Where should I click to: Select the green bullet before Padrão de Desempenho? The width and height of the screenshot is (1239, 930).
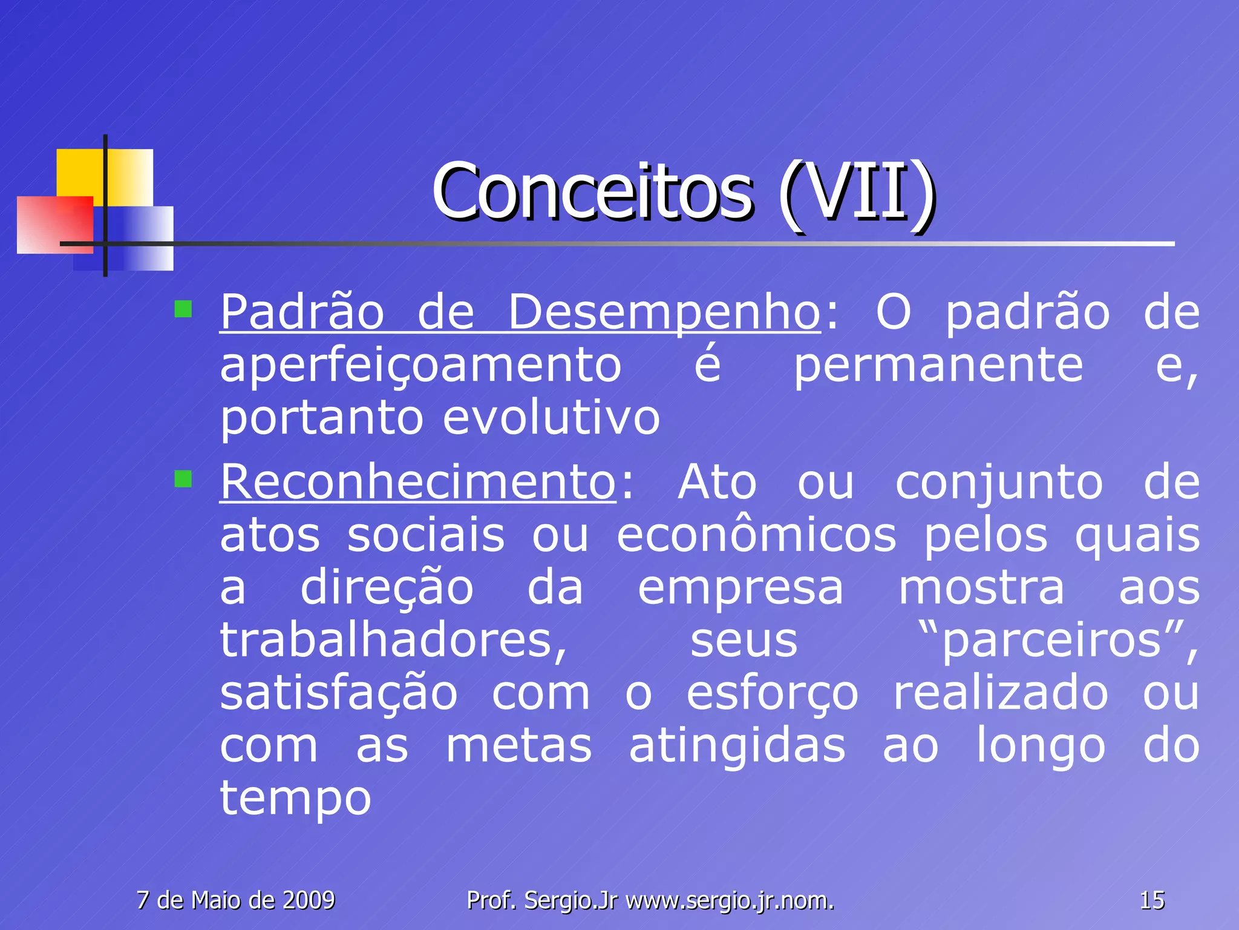tap(183, 309)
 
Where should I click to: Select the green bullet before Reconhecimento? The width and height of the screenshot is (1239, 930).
tap(183, 480)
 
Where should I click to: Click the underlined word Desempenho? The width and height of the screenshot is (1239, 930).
tap(664, 312)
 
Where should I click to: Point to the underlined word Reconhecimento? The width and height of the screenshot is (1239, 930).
tap(417, 483)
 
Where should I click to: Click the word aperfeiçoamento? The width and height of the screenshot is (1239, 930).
tap(420, 366)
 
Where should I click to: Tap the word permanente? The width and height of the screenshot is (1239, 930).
tap(938, 366)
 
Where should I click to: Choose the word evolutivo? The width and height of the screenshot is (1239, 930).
tap(551, 418)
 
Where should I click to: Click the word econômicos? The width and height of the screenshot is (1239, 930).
tap(756, 535)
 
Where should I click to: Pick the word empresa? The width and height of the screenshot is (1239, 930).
tap(740, 588)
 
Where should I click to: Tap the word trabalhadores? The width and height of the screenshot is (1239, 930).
tap(393, 641)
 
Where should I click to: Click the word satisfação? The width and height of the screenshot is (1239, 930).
tap(339, 693)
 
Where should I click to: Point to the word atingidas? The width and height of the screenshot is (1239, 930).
tap(737, 746)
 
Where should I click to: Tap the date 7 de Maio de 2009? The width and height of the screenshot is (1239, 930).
tap(236, 900)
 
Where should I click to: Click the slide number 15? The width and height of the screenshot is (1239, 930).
tap(1152, 900)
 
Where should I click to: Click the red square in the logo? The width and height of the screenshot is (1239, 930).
tap(54, 224)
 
